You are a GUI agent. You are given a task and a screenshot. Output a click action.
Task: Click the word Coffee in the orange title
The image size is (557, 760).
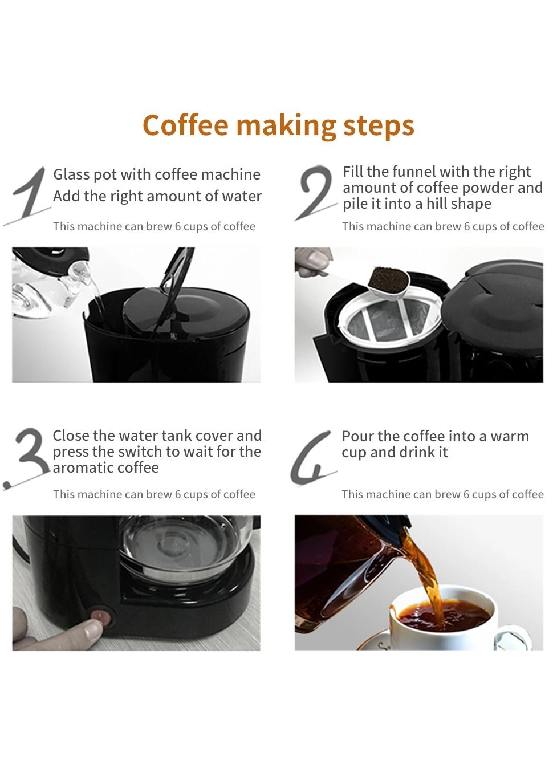185,124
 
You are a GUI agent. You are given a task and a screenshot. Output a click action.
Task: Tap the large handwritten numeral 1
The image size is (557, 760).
29,194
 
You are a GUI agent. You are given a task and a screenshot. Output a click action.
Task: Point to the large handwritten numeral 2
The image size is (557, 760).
315,192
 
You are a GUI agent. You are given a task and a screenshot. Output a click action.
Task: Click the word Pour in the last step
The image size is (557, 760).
356,436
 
